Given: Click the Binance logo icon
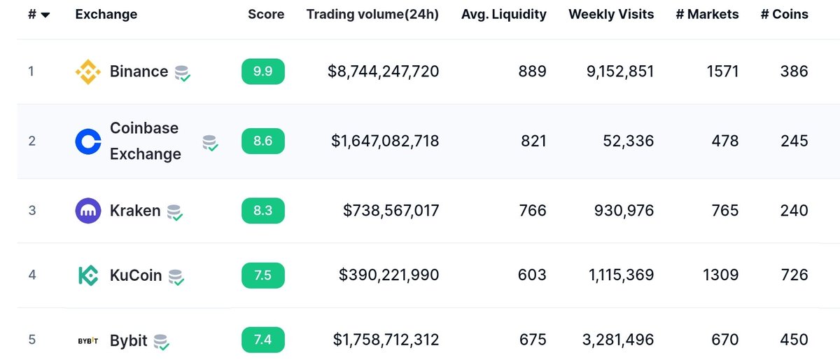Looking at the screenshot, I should coord(88,71).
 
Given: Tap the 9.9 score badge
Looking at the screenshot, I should coord(263,71).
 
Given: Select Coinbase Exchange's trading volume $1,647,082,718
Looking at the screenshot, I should coord(385,141).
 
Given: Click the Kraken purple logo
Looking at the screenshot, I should coord(88,211).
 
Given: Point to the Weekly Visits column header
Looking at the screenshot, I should coord(611,14).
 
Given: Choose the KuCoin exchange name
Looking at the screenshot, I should coord(136,275).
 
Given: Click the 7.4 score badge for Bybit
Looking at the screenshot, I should coord(263,340).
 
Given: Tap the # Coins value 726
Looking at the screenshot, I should coord(794,275).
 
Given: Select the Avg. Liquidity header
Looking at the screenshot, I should coord(503,14).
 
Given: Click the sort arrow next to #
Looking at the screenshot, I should coord(45,15).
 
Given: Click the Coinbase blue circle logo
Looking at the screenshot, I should coord(88,141).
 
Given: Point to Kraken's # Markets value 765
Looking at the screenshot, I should coord(724,211).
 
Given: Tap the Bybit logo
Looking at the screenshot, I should coord(88,341).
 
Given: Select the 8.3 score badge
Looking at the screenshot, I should coord(263,211).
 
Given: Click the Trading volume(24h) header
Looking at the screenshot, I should coord(372,14).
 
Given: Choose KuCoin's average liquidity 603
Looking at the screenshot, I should coord(533,275).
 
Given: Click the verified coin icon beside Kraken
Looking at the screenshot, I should coord(175,212).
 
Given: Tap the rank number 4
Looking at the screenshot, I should coord(31,275).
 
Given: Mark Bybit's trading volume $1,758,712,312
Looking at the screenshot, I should coord(386,340).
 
